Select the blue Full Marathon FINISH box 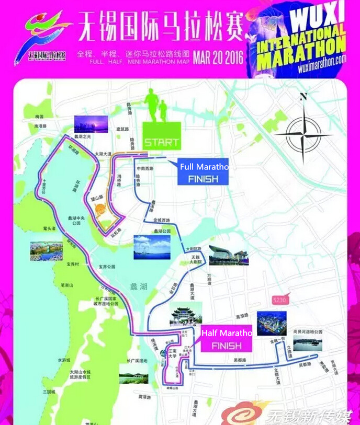pos(203,172)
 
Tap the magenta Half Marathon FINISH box pos(226,339)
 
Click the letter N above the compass pos(303,97)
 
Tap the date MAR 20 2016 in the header pos(218,56)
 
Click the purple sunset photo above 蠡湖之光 pos(91,124)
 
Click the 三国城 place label pos(50,392)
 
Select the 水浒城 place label pos(64,360)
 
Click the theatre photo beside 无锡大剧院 pos(229,255)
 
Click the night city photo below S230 pos(272,323)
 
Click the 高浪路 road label pos(241,316)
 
